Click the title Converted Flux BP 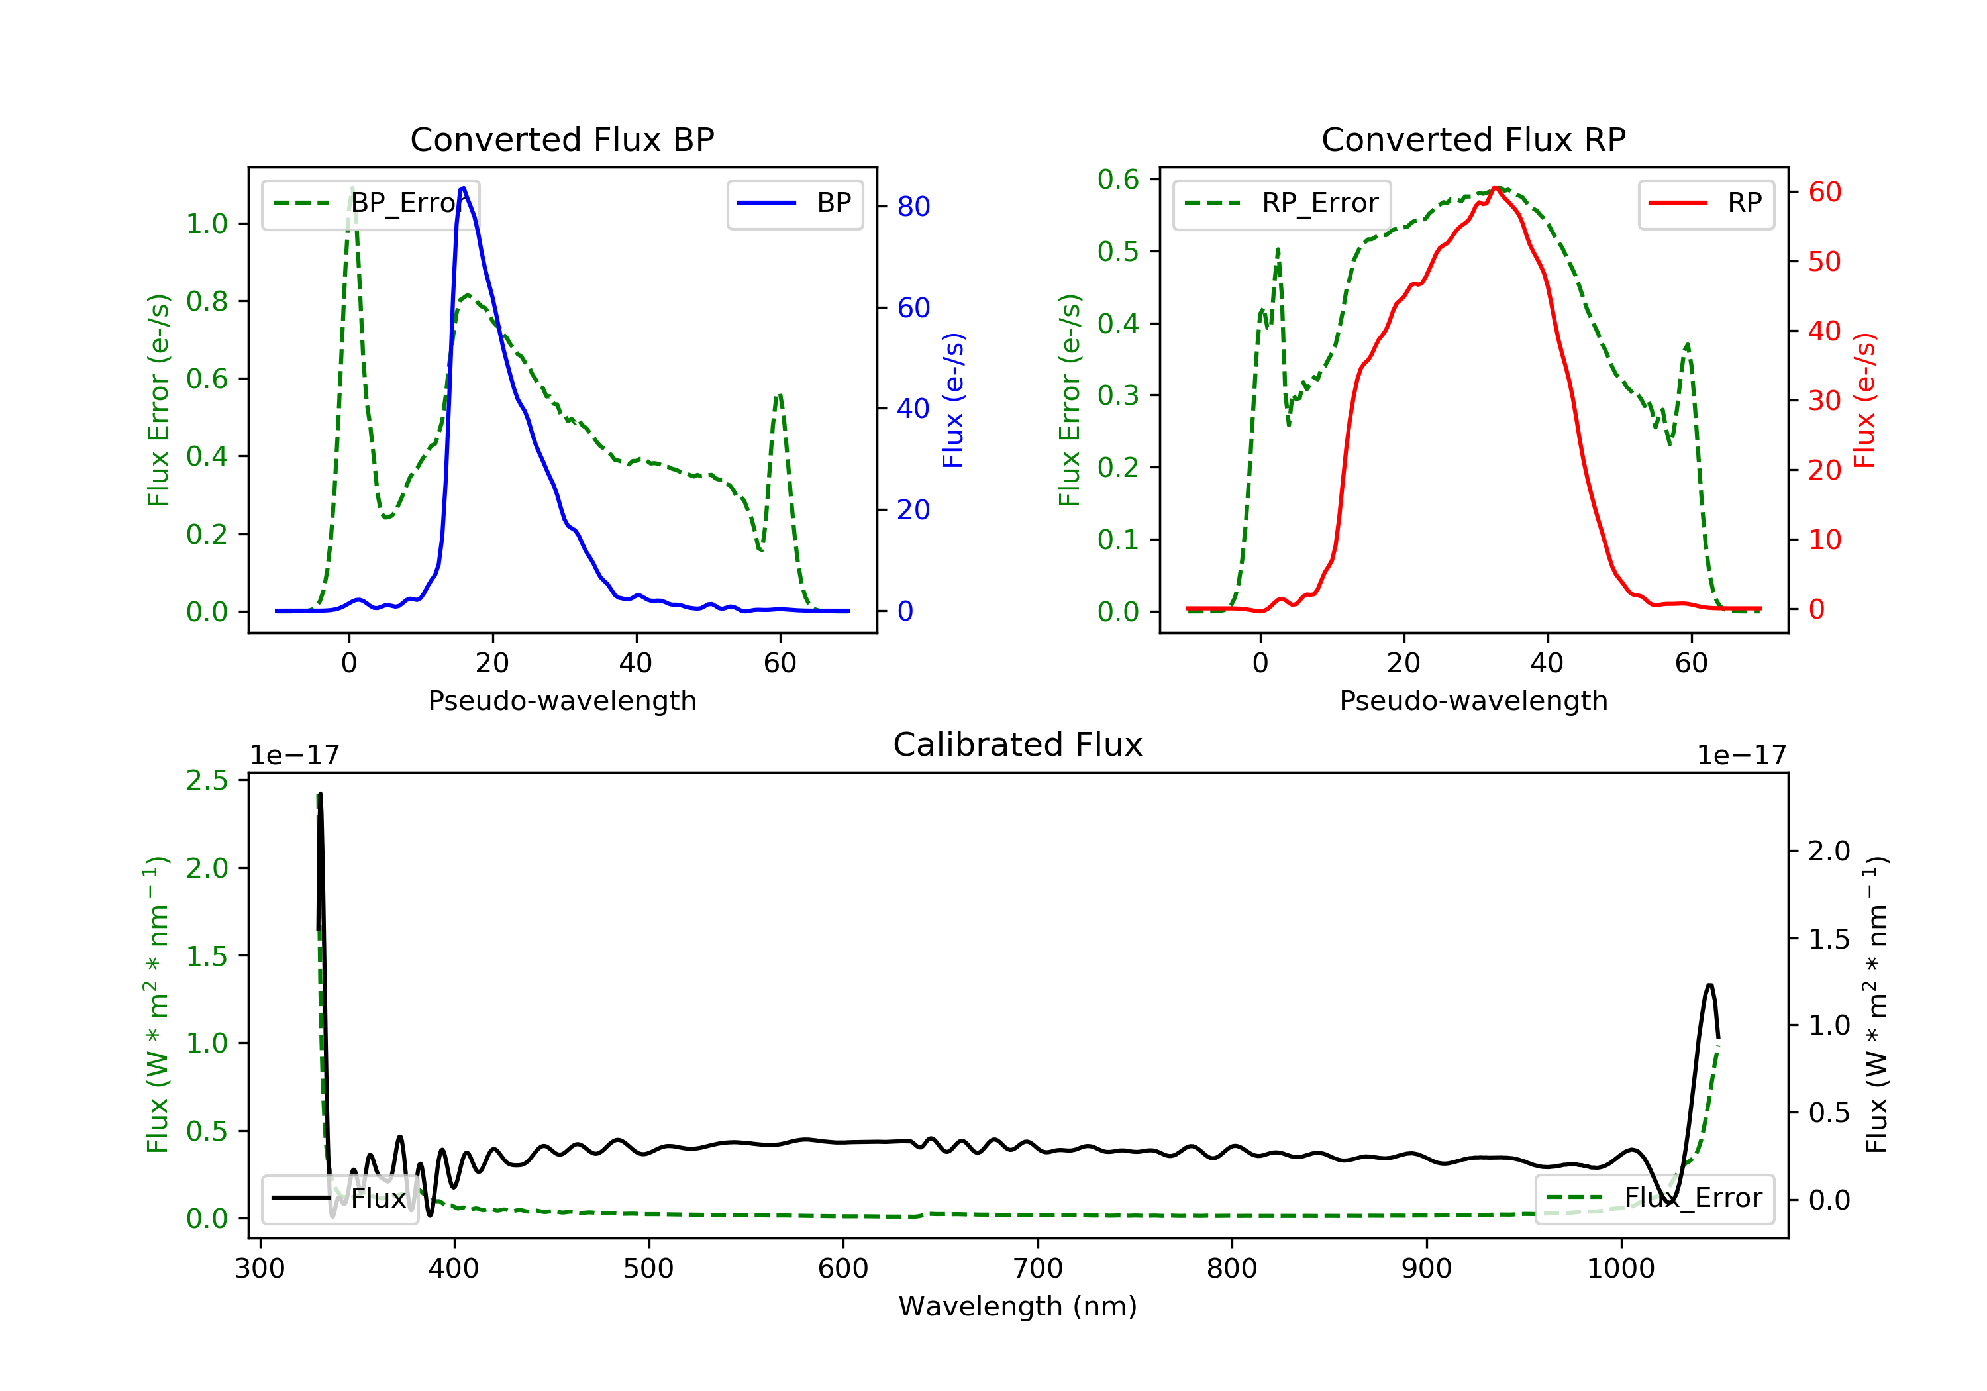coord(562,139)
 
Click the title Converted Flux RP coord(1473,139)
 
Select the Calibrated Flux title coord(1018,745)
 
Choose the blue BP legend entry coord(794,203)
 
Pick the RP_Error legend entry coord(1282,204)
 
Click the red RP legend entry coord(1706,203)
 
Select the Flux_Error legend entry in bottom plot coord(1654,1198)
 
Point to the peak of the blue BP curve coord(464,188)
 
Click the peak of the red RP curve coord(1496,188)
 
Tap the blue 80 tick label coord(913,206)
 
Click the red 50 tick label coord(1824,262)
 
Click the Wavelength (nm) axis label coord(1018,1306)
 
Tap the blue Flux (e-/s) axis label coord(953,401)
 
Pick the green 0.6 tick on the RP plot coord(1118,180)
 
